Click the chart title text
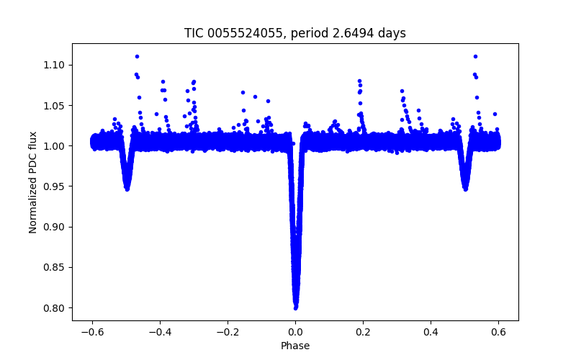point(295,33)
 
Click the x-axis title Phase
point(295,346)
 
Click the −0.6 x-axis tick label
point(92,332)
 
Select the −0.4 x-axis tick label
point(160,332)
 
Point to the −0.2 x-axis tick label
point(228,332)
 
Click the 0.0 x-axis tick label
point(295,332)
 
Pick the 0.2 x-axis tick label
point(363,332)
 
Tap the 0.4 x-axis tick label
point(431,332)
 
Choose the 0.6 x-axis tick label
point(498,332)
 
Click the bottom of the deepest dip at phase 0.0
point(295,307)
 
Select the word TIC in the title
point(194,33)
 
